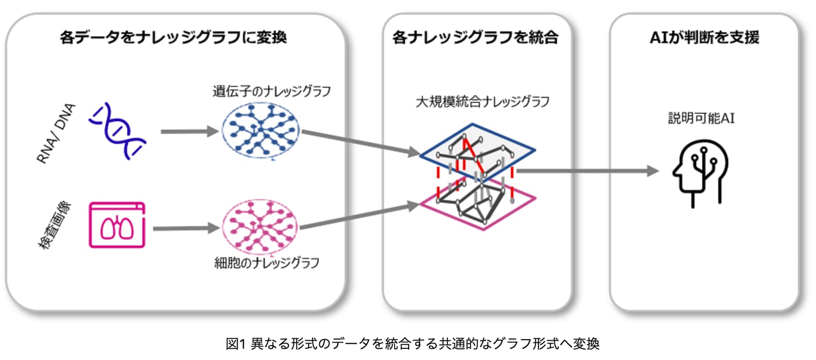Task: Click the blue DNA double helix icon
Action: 117,131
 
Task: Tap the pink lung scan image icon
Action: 117,225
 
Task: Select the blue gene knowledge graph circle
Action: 261,130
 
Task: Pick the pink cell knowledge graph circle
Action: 260,227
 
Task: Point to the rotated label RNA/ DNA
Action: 56,134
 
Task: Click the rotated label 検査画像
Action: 55,225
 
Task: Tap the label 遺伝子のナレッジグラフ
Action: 272,91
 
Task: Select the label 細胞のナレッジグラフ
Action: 267,263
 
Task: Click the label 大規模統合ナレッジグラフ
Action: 482,101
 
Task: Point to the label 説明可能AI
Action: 701,118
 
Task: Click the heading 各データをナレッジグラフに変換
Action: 173,37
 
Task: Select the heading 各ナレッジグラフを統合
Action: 475,37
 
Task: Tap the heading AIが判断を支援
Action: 704,37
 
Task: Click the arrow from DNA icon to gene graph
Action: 190,131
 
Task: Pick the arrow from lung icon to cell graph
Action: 186,228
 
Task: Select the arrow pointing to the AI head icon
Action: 588,170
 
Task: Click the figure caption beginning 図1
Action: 413,344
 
